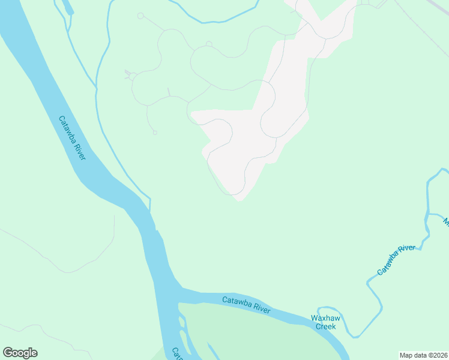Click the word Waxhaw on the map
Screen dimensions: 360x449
click(x=325, y=318)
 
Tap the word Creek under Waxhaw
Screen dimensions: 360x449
click(x=325, y=326)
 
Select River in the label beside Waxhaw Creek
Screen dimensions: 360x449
click(x=262, y=309)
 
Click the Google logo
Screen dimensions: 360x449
click(x=20, y=353)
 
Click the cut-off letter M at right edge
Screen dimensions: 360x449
click(x=446, y=222)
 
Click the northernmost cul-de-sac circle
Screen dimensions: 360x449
click(x=140, y=16)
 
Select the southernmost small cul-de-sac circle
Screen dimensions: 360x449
click(x=155, y=133)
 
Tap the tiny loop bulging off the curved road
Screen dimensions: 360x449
click(x=209, y=43)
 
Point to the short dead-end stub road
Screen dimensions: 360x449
click(x=169, y=91)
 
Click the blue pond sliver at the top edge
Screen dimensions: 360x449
click(x=67, y=7)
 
